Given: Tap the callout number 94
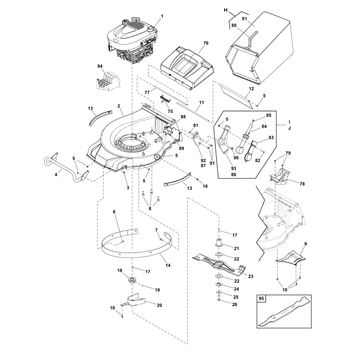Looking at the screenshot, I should (100, 66).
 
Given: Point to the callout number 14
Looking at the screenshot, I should (168, 265).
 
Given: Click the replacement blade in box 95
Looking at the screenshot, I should (284, 311).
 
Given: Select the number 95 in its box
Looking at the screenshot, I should (262, 298).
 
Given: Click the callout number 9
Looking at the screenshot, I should (306, 244).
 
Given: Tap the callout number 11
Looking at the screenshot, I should (202, 103).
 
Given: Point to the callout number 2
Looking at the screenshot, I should (119, 106).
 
